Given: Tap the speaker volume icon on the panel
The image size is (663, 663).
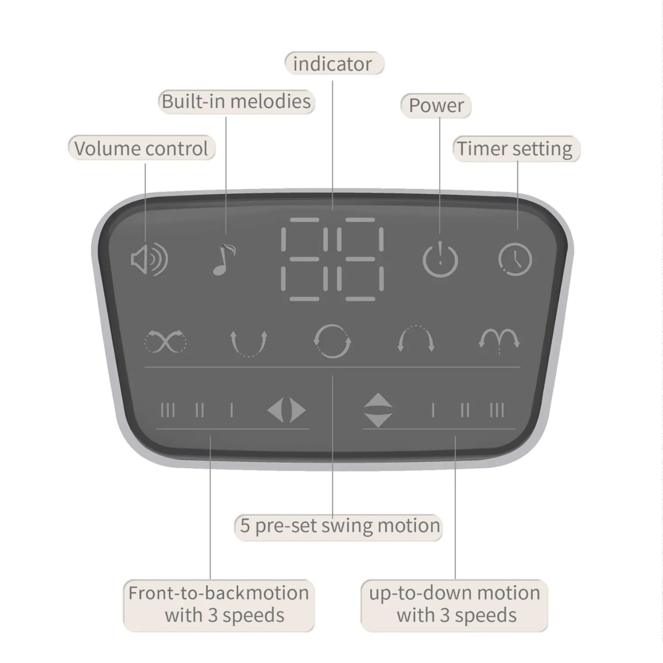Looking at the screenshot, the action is coord(149,259).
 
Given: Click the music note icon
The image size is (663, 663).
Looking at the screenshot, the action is coord(224,259).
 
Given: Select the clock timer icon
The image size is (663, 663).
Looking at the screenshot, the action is coord(515,259).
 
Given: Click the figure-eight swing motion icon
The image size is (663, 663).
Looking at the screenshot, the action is coord(166,341).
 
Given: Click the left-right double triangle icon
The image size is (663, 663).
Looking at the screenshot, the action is coord(286,410).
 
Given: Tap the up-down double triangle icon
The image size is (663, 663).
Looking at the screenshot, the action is coord(378,410).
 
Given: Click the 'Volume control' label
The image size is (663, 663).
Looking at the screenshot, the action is coord(141,148).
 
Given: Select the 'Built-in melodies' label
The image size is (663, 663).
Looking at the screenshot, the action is coord(236,101).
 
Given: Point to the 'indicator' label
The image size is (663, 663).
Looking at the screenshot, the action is coord(332,64).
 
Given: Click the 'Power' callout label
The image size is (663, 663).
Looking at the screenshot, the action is coord(436,105).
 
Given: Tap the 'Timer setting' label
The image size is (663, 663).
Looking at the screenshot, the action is coord(514,149).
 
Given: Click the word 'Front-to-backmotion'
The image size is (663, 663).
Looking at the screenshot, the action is coord(218,593).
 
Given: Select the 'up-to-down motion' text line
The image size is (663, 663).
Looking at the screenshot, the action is coord(454,593).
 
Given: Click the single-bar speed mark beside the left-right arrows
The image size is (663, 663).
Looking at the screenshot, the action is coord(232,410).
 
